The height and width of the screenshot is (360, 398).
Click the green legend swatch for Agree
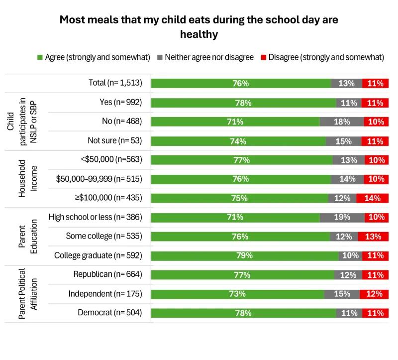pos(40,57)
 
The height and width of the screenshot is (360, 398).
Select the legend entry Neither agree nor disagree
pos(209,57)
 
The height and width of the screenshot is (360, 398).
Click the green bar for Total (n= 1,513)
pos(241,84)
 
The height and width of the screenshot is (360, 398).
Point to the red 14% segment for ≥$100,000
pos(372,198)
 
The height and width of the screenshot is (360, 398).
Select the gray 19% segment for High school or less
pos(342,218)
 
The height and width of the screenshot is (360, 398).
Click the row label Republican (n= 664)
pos(107,274)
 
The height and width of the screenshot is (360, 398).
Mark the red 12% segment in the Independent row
pos(374,294)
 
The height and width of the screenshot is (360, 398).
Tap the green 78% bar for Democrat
pos(243,313)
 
